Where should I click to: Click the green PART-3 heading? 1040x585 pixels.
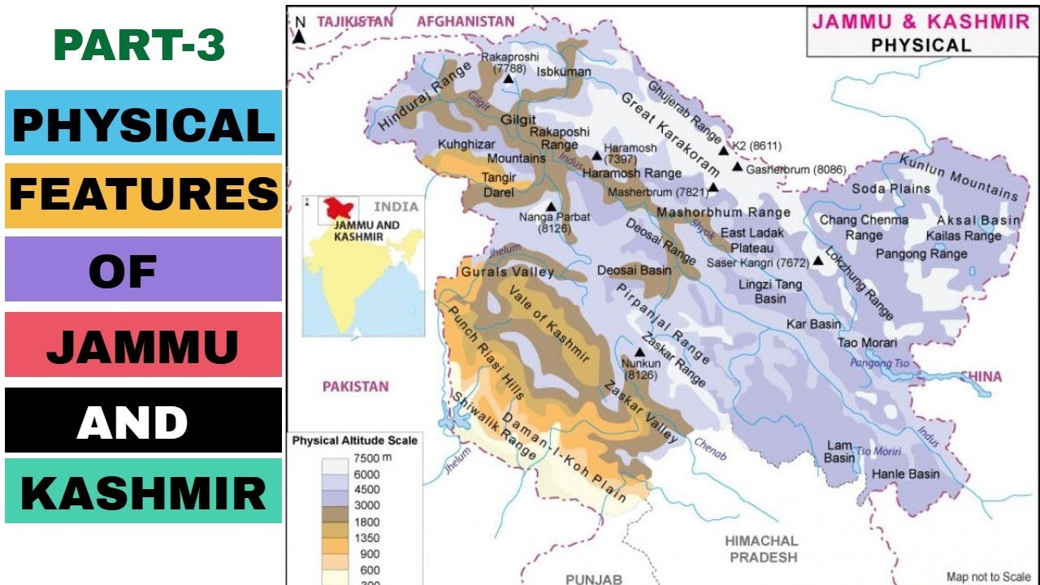tap(139, 46)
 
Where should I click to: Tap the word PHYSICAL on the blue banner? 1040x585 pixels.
tap(143, 124)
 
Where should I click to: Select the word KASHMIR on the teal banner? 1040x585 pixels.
tap(143, 492)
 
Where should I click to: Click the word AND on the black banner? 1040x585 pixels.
tap(132, 422)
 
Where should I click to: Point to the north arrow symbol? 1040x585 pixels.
tap(300, 33)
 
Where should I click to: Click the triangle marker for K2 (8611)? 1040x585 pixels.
tap(723, 150)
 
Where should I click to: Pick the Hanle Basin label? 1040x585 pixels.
tap(905, 474)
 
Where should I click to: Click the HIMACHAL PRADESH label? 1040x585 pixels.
tap(762, 548)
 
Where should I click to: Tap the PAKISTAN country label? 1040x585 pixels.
tap(355, 387)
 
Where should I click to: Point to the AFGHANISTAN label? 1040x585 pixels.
tap(466, 22)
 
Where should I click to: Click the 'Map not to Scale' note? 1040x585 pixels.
tap(988, 577)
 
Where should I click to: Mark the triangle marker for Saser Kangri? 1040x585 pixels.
tap(817, 262)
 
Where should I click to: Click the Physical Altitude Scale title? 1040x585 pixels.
tap(354, 440)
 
